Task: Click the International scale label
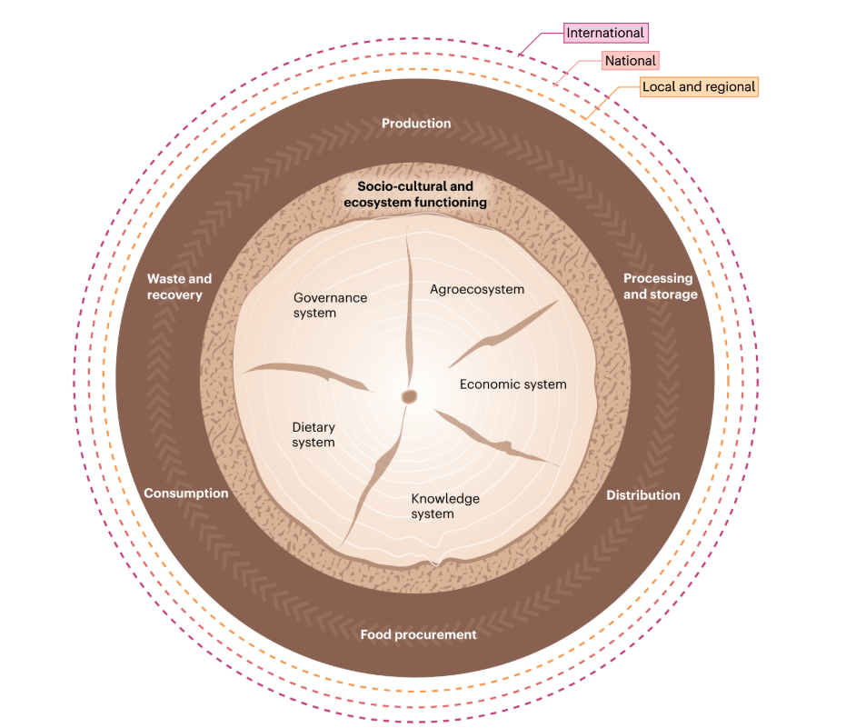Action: pyautogui.click(x=605, y=34)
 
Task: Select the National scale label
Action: pyautogui.click(x=630, y=61)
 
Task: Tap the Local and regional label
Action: pyautogui.click(x=698, y=87)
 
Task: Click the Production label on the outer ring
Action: pyautogui.click(x=416, y=124)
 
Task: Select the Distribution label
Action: pyautogui.click(x=642, y=495)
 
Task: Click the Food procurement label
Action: pyautogui.click(x=418, y=634)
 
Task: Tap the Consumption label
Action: pyautogui.click(x=186, y=494)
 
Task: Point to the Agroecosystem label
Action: pyautogui.click(x=477, y=290)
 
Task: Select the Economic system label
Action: pyautogui.click(x=513, y=384)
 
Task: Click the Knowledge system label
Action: pyautogui.click(x=445, y=506)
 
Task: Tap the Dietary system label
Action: pyautogui.click(x=314, y=434)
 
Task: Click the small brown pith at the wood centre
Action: pyautogui.click(x=409, y=396)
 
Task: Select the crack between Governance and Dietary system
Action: pyautogui.click(x=309, y=373)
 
